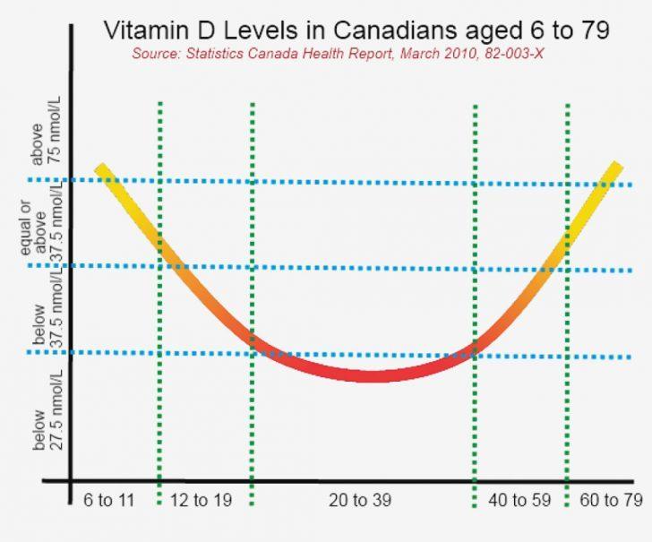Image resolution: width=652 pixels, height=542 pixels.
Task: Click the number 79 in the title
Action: (591, 30)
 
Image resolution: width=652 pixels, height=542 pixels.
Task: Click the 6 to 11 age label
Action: (108, 500)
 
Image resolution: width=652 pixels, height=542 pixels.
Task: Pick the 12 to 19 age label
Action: (202, 500)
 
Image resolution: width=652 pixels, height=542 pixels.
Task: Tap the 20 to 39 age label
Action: (361, 500)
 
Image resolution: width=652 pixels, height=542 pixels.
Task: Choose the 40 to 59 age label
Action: (519, 500)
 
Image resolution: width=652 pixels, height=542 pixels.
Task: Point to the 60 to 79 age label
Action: (613, 500)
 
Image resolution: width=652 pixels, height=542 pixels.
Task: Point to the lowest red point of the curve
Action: (370, 374)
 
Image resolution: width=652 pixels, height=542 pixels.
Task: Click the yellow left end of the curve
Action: (102, 170)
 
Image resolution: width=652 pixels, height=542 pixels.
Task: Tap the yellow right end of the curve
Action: (615, 168)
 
